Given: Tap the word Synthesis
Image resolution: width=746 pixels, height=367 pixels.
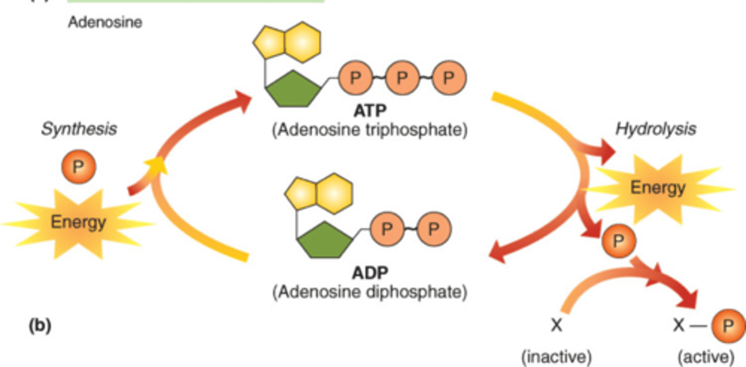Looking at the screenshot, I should tap(79, 128).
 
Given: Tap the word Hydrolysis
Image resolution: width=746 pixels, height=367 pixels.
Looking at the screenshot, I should tap(655, 129).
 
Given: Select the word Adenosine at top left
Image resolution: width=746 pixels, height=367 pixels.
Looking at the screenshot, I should tap(105, 23).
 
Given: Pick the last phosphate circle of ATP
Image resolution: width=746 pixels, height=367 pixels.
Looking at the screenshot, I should tap(449, 78).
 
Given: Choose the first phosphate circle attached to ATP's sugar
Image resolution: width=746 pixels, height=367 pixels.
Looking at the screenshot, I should tap(355, 78).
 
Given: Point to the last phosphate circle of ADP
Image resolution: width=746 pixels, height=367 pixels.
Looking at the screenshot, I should tap(433, 229).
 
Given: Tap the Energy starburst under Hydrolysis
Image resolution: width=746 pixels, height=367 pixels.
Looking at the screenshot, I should tap(657, 187).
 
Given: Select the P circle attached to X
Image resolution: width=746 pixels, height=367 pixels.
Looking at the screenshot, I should tap(728, 326).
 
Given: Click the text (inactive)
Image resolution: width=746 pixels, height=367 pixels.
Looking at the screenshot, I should tap(556, 357).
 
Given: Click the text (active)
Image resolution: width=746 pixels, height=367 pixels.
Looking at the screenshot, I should tap(706, 357).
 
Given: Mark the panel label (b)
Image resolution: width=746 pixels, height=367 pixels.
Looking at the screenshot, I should tap(39, 326).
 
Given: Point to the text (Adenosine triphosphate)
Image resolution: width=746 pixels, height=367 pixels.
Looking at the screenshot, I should tap(369, 130).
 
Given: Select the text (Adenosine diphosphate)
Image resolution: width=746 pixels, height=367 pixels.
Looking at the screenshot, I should tap(369, 292).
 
